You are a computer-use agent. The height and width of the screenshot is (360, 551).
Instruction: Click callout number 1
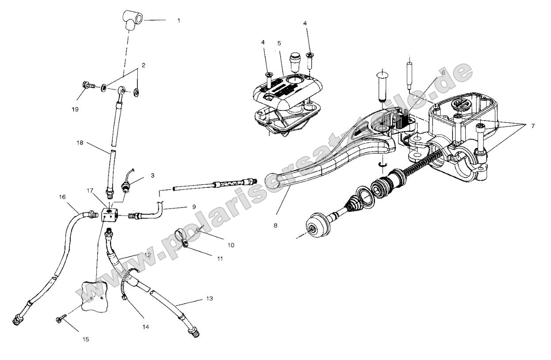tap(179, 20)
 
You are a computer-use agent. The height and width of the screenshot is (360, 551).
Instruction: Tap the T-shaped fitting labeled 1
tap(133, 20)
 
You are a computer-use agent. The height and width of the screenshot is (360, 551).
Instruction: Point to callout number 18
tap(80, 143)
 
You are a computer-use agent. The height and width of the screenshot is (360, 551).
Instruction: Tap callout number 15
tap(86, 339)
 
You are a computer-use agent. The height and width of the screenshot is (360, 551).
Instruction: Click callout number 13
tap(209, 299)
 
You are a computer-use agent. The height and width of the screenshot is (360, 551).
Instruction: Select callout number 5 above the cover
tap(279, 44)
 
